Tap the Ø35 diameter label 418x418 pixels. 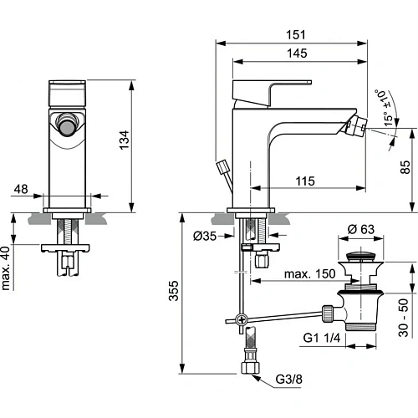point(206,237)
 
